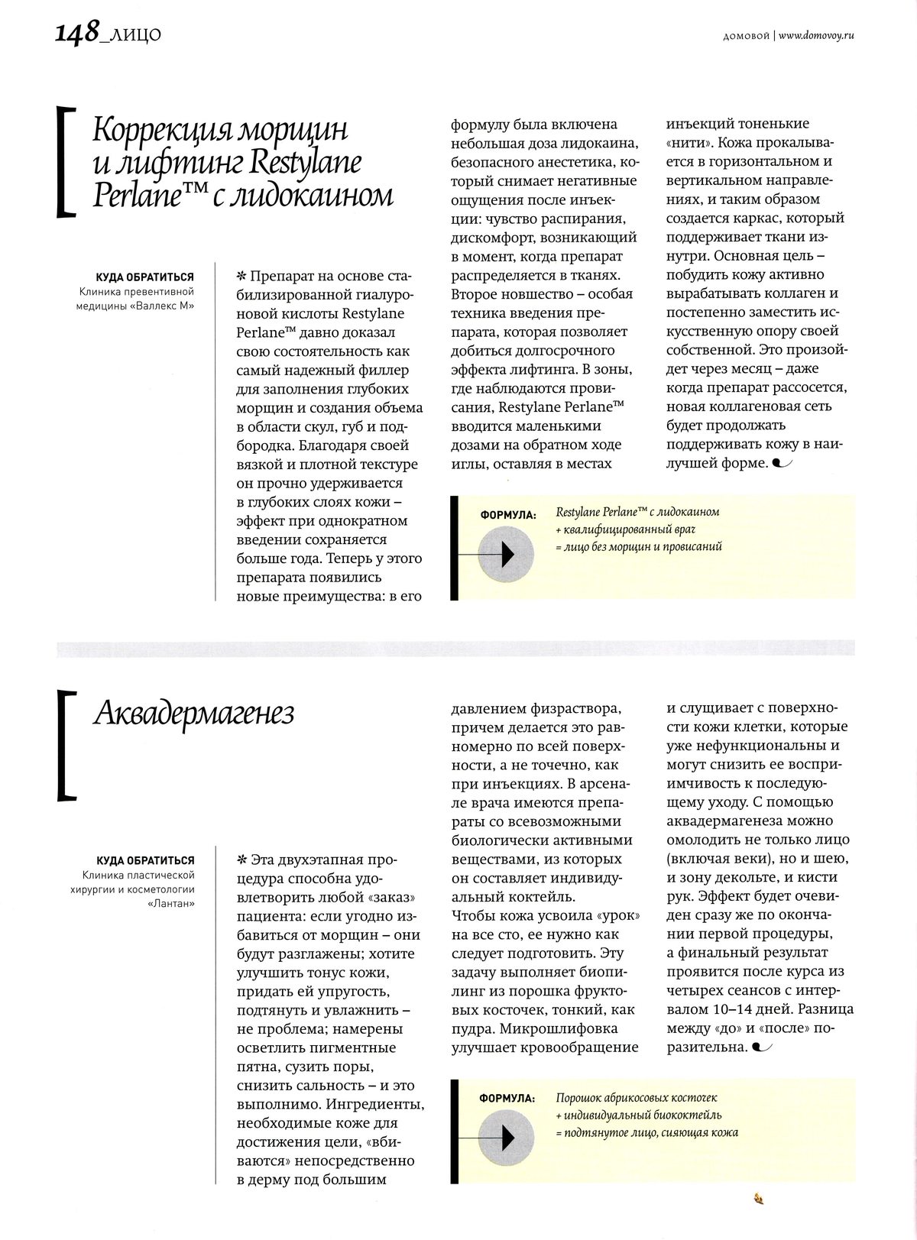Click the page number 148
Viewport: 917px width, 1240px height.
76,33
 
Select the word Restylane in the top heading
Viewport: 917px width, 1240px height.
305,163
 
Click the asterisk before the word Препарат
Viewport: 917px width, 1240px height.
243,275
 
